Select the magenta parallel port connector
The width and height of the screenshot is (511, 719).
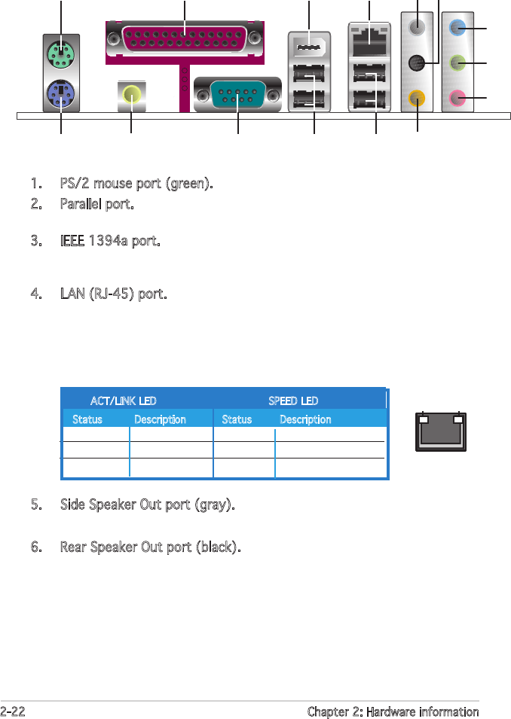pos(185,36)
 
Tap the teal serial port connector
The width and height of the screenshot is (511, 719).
pos(237,95)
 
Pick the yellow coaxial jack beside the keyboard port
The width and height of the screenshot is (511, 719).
pos(131,95)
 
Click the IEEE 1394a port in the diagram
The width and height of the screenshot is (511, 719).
pos(308,47)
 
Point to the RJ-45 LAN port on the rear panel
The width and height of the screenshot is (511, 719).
pos(369,41)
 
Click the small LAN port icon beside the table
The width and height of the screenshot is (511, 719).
pos(441,432)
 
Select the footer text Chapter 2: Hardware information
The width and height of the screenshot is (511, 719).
pos(393,711)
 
